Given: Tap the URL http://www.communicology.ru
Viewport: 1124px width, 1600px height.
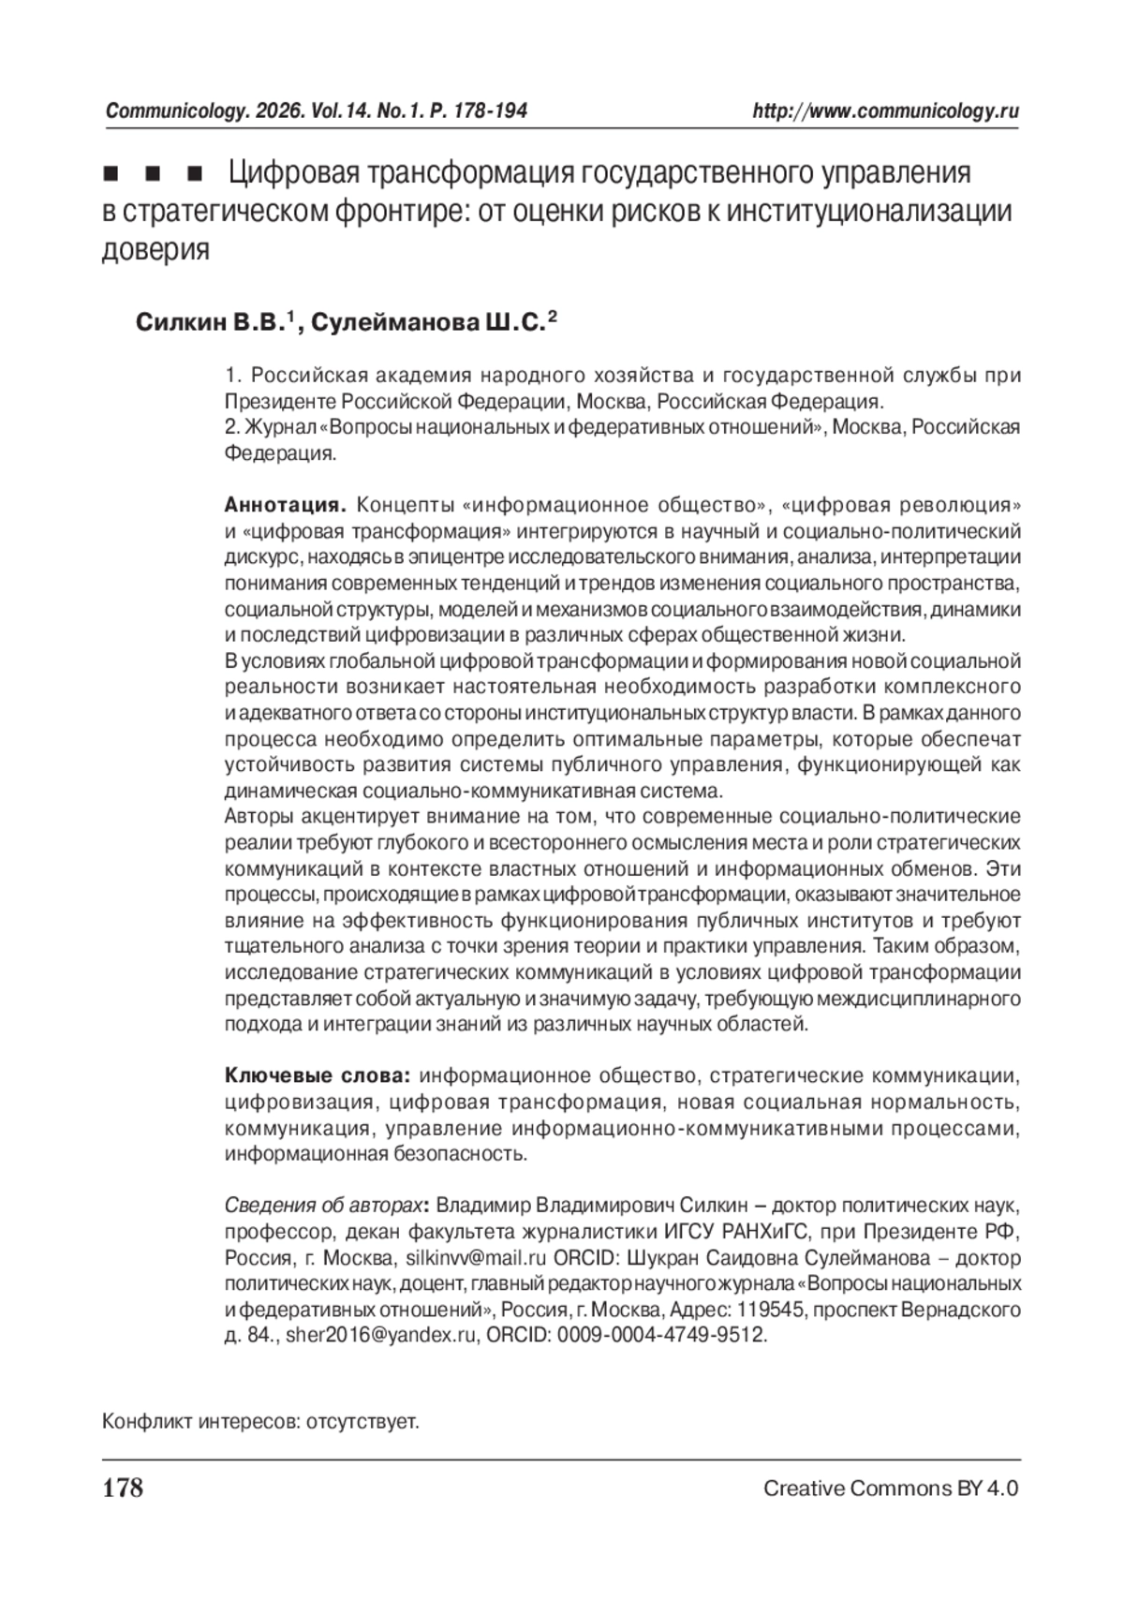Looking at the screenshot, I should pos(885,111).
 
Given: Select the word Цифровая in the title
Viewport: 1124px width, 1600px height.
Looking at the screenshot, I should pos(294,174).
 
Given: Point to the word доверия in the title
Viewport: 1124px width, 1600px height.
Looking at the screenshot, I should pos(155,250).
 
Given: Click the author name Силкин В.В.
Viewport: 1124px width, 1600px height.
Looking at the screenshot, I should pos(208,324).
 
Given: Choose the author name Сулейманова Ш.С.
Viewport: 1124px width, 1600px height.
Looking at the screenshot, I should pos(427,324).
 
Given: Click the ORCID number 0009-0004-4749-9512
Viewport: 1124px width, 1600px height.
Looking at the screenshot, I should pos(661,1336).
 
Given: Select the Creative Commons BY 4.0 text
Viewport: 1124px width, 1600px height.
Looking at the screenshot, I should pos(890,1489).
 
